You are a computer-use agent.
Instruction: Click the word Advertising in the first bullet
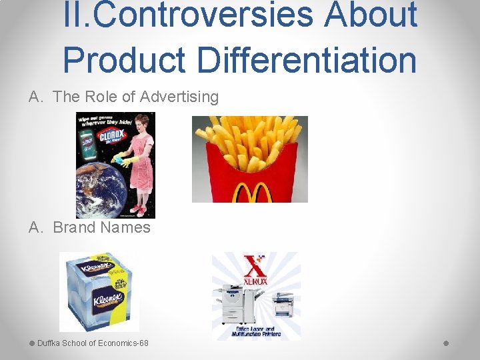point(179,97)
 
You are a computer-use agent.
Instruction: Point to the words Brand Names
point(101,227)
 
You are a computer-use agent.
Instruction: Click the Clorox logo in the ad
point(109,137)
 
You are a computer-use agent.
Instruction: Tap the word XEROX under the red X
point(256,281)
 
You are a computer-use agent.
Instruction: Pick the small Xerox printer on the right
point(283,307)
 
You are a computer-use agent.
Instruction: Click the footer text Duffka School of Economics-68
point(93,343)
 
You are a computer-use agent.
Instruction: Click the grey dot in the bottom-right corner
point(446,343)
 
